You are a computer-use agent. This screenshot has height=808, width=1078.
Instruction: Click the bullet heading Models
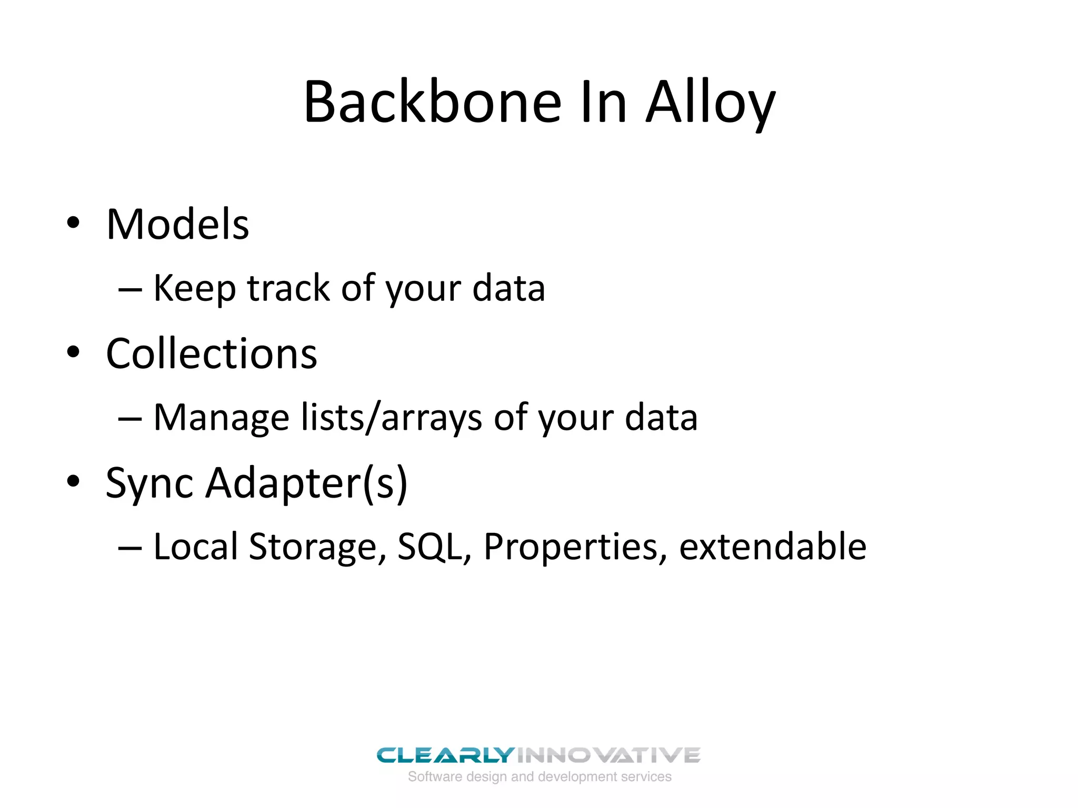[x=177, y=225]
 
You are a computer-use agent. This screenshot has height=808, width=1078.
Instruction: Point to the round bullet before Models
[x=73, y=223]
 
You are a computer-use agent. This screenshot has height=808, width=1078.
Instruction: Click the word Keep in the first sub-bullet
[x=194, y=288]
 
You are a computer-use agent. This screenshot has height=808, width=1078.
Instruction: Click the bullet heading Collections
[x=212, y=353]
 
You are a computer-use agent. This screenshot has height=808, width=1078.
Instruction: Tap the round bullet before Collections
[x=73, y=352]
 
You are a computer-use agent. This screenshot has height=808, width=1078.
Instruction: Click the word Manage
[x=221, y=418]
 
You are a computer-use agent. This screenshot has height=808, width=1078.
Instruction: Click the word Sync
[x=149, y=483]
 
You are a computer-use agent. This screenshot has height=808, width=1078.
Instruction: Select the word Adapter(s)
[x=306, y=483]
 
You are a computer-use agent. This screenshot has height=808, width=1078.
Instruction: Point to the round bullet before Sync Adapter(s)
[x=73, y=481]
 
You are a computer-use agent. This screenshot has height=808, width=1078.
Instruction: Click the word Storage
[x=313, y=547]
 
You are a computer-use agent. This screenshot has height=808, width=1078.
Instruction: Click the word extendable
[x=772, y=547]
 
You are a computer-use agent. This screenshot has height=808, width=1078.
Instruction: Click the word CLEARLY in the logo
[x=445, y=755]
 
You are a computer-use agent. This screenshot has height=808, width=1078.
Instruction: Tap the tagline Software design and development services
[x=540, y=776]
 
